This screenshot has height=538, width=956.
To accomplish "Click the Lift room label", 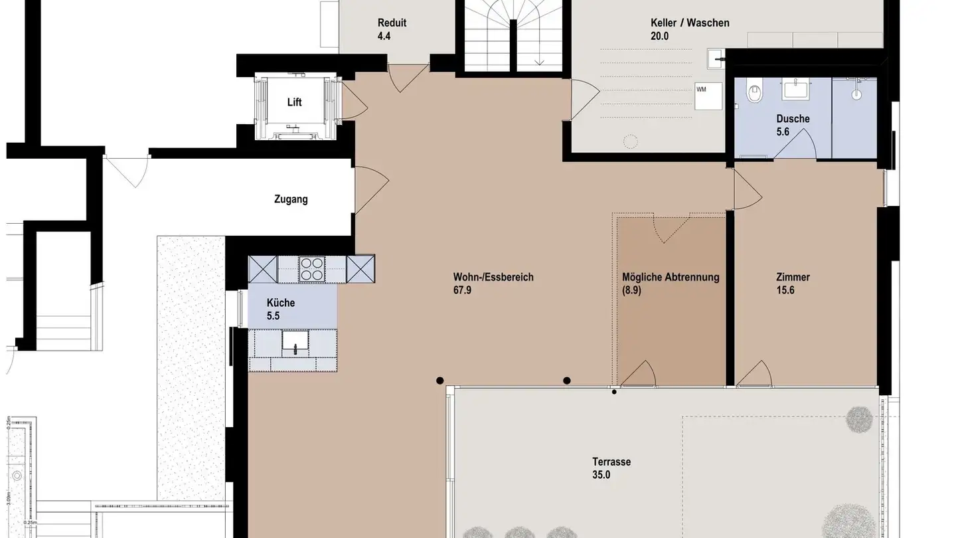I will (x=294, y=102).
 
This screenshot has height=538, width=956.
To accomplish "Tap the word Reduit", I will (x=392, y=23).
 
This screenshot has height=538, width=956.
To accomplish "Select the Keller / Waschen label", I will (x=690, y=23).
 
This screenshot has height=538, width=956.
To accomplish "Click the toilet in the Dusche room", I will (x=754, y=93).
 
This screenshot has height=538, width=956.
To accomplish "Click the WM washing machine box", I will (x=708, y=97).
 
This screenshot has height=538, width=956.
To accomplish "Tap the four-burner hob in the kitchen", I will (x=312, y=269).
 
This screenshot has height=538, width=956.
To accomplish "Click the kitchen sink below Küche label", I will (x=293, y=343).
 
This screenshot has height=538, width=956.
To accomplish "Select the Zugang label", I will (x=291, y=199).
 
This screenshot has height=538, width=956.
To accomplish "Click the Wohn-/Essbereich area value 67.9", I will (x=462, y=290).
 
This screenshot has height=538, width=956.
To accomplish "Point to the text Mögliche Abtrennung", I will (x=671, y=277).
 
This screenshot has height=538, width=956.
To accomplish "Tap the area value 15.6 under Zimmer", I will (x=785, y=290).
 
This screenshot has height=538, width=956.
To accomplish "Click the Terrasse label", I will (x=611, y=462).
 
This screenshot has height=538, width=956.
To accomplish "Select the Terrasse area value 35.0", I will (x=601, y=475).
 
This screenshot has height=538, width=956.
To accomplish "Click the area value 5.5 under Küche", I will (x=273, y=316).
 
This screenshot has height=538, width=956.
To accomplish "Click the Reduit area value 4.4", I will (x=384, y=36).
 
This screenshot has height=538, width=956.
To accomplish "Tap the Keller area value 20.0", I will (x=659, y=36).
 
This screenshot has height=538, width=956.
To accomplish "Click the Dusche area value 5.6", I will (x=784, y=132).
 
